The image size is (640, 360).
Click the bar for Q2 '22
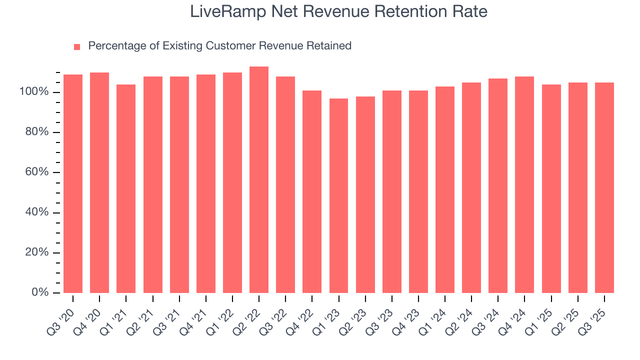point(259,180)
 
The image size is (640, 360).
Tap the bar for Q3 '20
point(73,184)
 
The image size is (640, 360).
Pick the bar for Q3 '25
point(604,188)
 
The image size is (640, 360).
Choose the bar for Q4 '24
point(524,185)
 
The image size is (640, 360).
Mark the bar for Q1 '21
point(126,189)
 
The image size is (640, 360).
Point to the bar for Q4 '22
point(312,192)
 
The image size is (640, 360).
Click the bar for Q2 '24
point(471,188)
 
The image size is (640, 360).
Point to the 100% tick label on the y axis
point(34,92)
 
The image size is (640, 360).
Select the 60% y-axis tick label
point(36,172)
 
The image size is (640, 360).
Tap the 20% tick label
point(36,252)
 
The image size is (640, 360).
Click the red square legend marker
point(77,47)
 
